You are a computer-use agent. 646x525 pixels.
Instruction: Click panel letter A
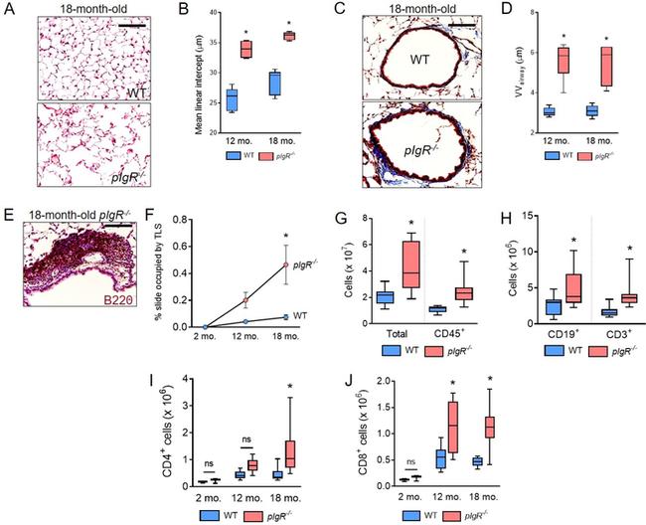[8, 12]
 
